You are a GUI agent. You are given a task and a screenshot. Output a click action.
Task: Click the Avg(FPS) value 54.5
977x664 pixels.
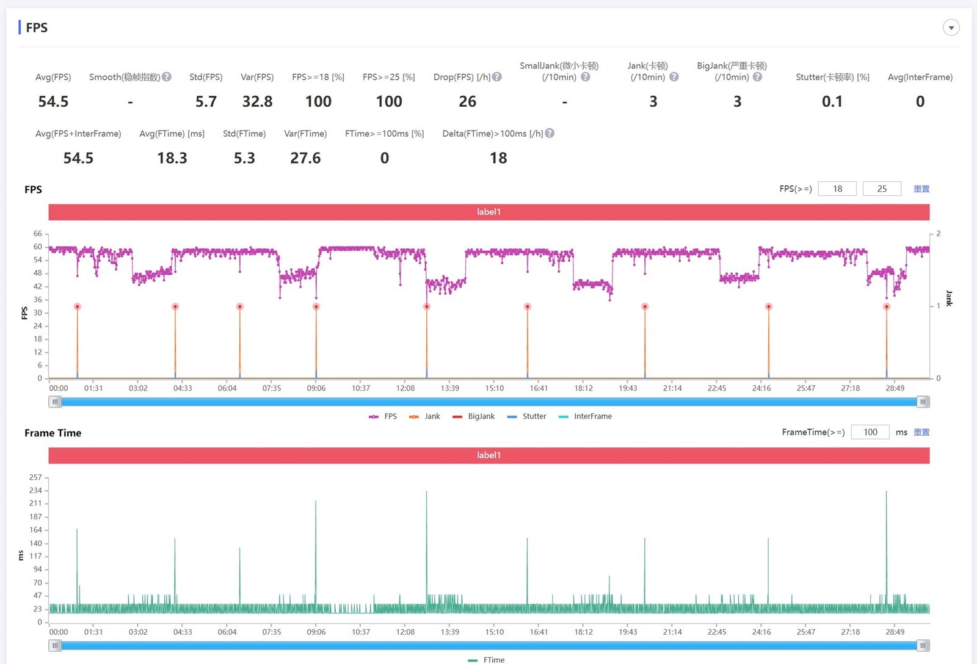[x=53, y=102]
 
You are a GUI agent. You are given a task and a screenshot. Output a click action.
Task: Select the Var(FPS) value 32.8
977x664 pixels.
[x=257, y=102]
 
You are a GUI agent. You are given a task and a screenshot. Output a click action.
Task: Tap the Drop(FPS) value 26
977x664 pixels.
[x=467, y=102]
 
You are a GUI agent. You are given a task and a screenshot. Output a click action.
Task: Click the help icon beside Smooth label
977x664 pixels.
[x=167, y=77]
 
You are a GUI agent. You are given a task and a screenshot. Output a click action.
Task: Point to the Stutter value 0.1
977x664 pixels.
[x=832, y=102]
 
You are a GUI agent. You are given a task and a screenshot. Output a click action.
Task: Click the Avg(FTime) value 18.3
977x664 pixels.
[x=172, y=159]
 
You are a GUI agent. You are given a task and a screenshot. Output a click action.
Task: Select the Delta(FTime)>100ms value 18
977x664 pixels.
[x=498, y=159]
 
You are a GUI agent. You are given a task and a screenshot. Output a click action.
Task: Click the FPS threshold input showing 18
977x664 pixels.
[x=837, y=189]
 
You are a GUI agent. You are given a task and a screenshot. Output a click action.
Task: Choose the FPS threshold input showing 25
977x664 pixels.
[x=882, y=189]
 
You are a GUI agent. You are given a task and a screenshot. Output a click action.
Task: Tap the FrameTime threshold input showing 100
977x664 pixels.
[x=870, y=432]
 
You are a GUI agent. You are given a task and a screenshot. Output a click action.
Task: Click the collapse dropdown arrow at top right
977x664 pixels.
[x=951, y=27]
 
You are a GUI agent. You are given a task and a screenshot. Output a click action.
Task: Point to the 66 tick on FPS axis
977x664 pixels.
[x=38, y=234]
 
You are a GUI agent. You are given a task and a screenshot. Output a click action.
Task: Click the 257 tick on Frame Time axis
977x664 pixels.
[x=35, y=477]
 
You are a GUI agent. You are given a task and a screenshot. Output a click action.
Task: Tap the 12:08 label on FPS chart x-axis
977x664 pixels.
[x=405, y=388]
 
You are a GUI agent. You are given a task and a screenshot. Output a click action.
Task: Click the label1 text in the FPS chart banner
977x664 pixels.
[x=488, y=212]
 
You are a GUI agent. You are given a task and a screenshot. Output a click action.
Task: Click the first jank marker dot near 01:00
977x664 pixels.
[x=77, y=306]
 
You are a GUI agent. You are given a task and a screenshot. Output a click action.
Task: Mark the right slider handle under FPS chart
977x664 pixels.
[x=923, y=402]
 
